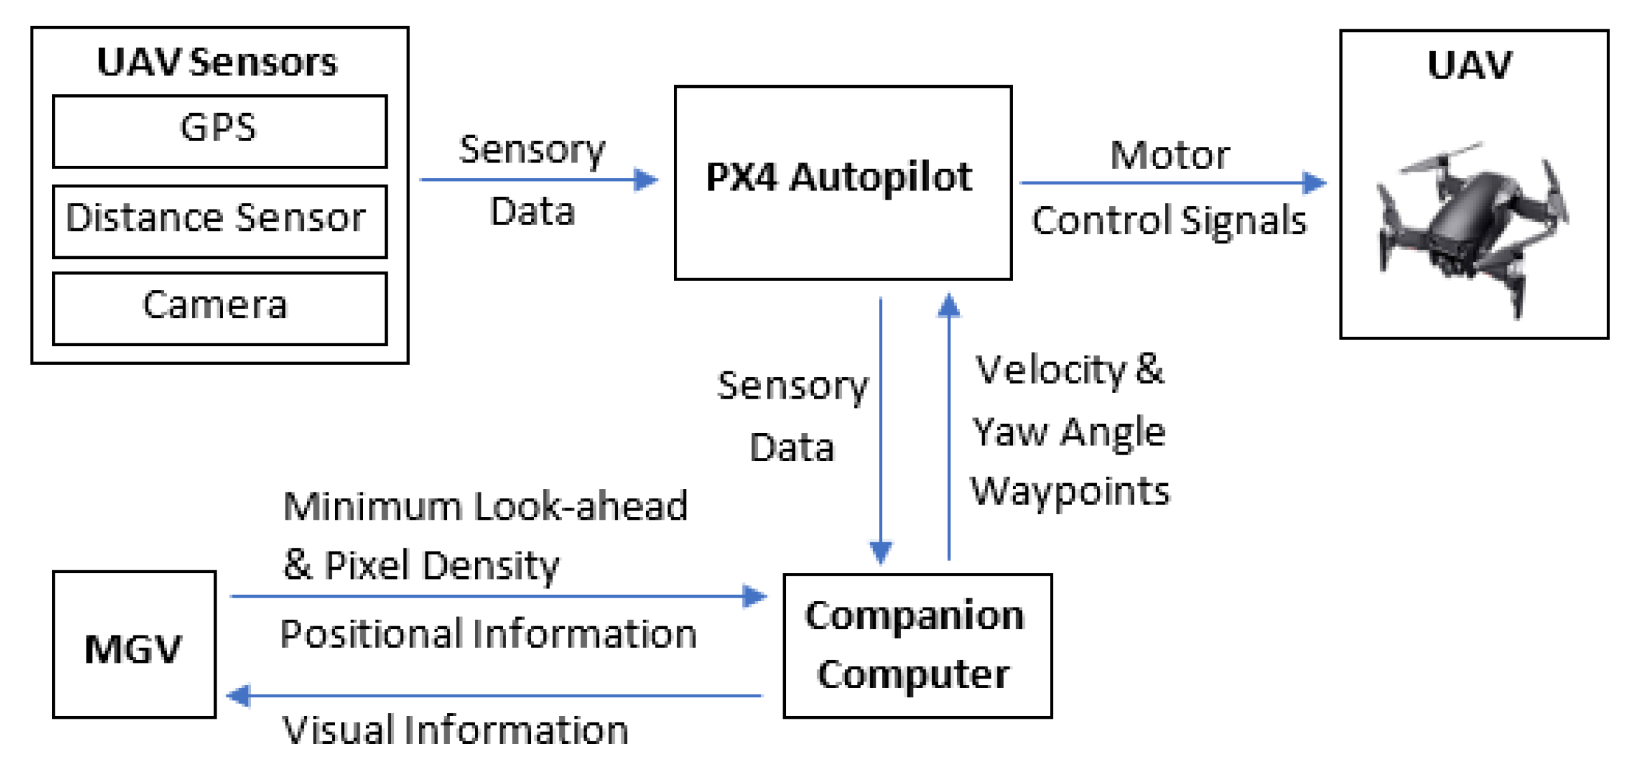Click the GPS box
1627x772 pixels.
pyautogui.click(x=219, y=131)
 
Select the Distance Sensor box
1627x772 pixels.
pyautogui.click(x=219, y=220)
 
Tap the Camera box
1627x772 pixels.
pyautogui.click(x=219, y=308)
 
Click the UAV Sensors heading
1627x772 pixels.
pyautogui.click(x=217, y=63)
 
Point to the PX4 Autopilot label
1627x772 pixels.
pyautogui.click(x=839, y=177)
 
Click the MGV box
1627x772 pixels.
pyautogui.click(x=134, y=645)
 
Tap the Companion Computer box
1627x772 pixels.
pyautogui.click(x=917, y=645)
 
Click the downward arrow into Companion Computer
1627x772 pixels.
pyautogui.click(x=880, y=429)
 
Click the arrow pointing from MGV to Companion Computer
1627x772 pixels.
pyautogui.click(x=498, y=596)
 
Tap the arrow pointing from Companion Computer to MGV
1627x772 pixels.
pyautogui.click(x=494, y=695)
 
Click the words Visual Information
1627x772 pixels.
pyautogui.click(x=455, y=730)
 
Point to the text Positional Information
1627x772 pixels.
pyautogui.click(x=488, y=634)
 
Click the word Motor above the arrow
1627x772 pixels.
pyautogui.click(x=1169, y=155)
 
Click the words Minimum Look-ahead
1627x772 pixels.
pyautogui.click(x=485, y=506)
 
